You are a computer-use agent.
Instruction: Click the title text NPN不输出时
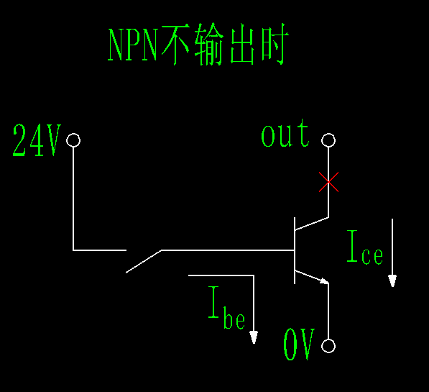tap(197, 47)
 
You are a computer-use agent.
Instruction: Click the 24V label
tap(37, 141)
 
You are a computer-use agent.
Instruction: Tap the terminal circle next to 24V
tap(73, 140)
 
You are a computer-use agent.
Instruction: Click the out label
tap(285, 135)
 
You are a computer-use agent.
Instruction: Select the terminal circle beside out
tap(328, 140)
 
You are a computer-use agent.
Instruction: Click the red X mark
tap(328, 183)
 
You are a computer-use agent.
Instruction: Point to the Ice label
tap(364, 247)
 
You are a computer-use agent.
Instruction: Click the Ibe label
tap(226, 307)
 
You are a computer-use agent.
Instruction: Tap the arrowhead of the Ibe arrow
tap(254, 337)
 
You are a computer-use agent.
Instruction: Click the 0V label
tap(299, 346)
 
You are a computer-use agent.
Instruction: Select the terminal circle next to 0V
tap(328, 346)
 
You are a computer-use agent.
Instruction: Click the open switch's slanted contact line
tap(144, 261)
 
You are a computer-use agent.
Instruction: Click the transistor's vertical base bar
tap(295, 250)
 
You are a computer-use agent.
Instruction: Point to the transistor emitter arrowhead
tap(324, 281)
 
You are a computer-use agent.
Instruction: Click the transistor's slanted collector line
tap(311, 224)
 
